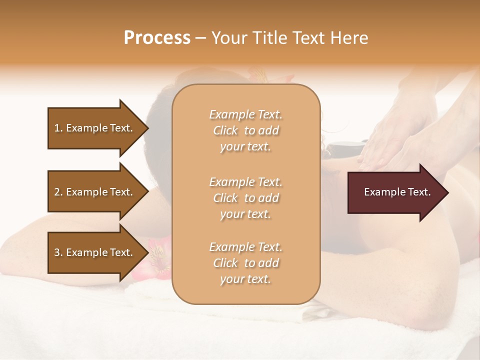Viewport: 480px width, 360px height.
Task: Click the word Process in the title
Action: (x=157, y=38)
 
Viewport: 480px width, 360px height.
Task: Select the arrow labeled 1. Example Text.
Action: (x=95, y=128)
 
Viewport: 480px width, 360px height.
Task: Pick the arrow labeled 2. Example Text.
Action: (x=95, y=192)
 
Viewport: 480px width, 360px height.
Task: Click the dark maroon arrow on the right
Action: (x=395, y=192)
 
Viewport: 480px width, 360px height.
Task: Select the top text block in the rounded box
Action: (x=245, y=130)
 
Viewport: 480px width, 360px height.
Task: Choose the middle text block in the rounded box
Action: (x=245, y=198)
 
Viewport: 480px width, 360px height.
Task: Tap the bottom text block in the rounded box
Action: (x=245, y=263)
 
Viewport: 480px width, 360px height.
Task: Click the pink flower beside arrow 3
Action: (x=155, y=260)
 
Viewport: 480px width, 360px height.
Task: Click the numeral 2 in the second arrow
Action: (x=57, y=192)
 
